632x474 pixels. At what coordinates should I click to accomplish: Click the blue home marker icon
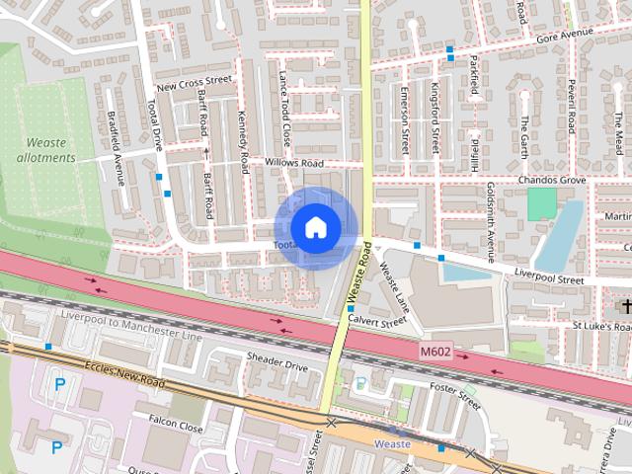click(315, 228)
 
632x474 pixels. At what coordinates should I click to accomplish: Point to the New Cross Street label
click(194, 82)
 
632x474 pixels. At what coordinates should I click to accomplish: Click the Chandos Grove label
click(552, 181)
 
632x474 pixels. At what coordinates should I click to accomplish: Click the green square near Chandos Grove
click(541, 204)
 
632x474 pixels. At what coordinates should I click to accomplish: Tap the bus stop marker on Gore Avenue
click(450, 49)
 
